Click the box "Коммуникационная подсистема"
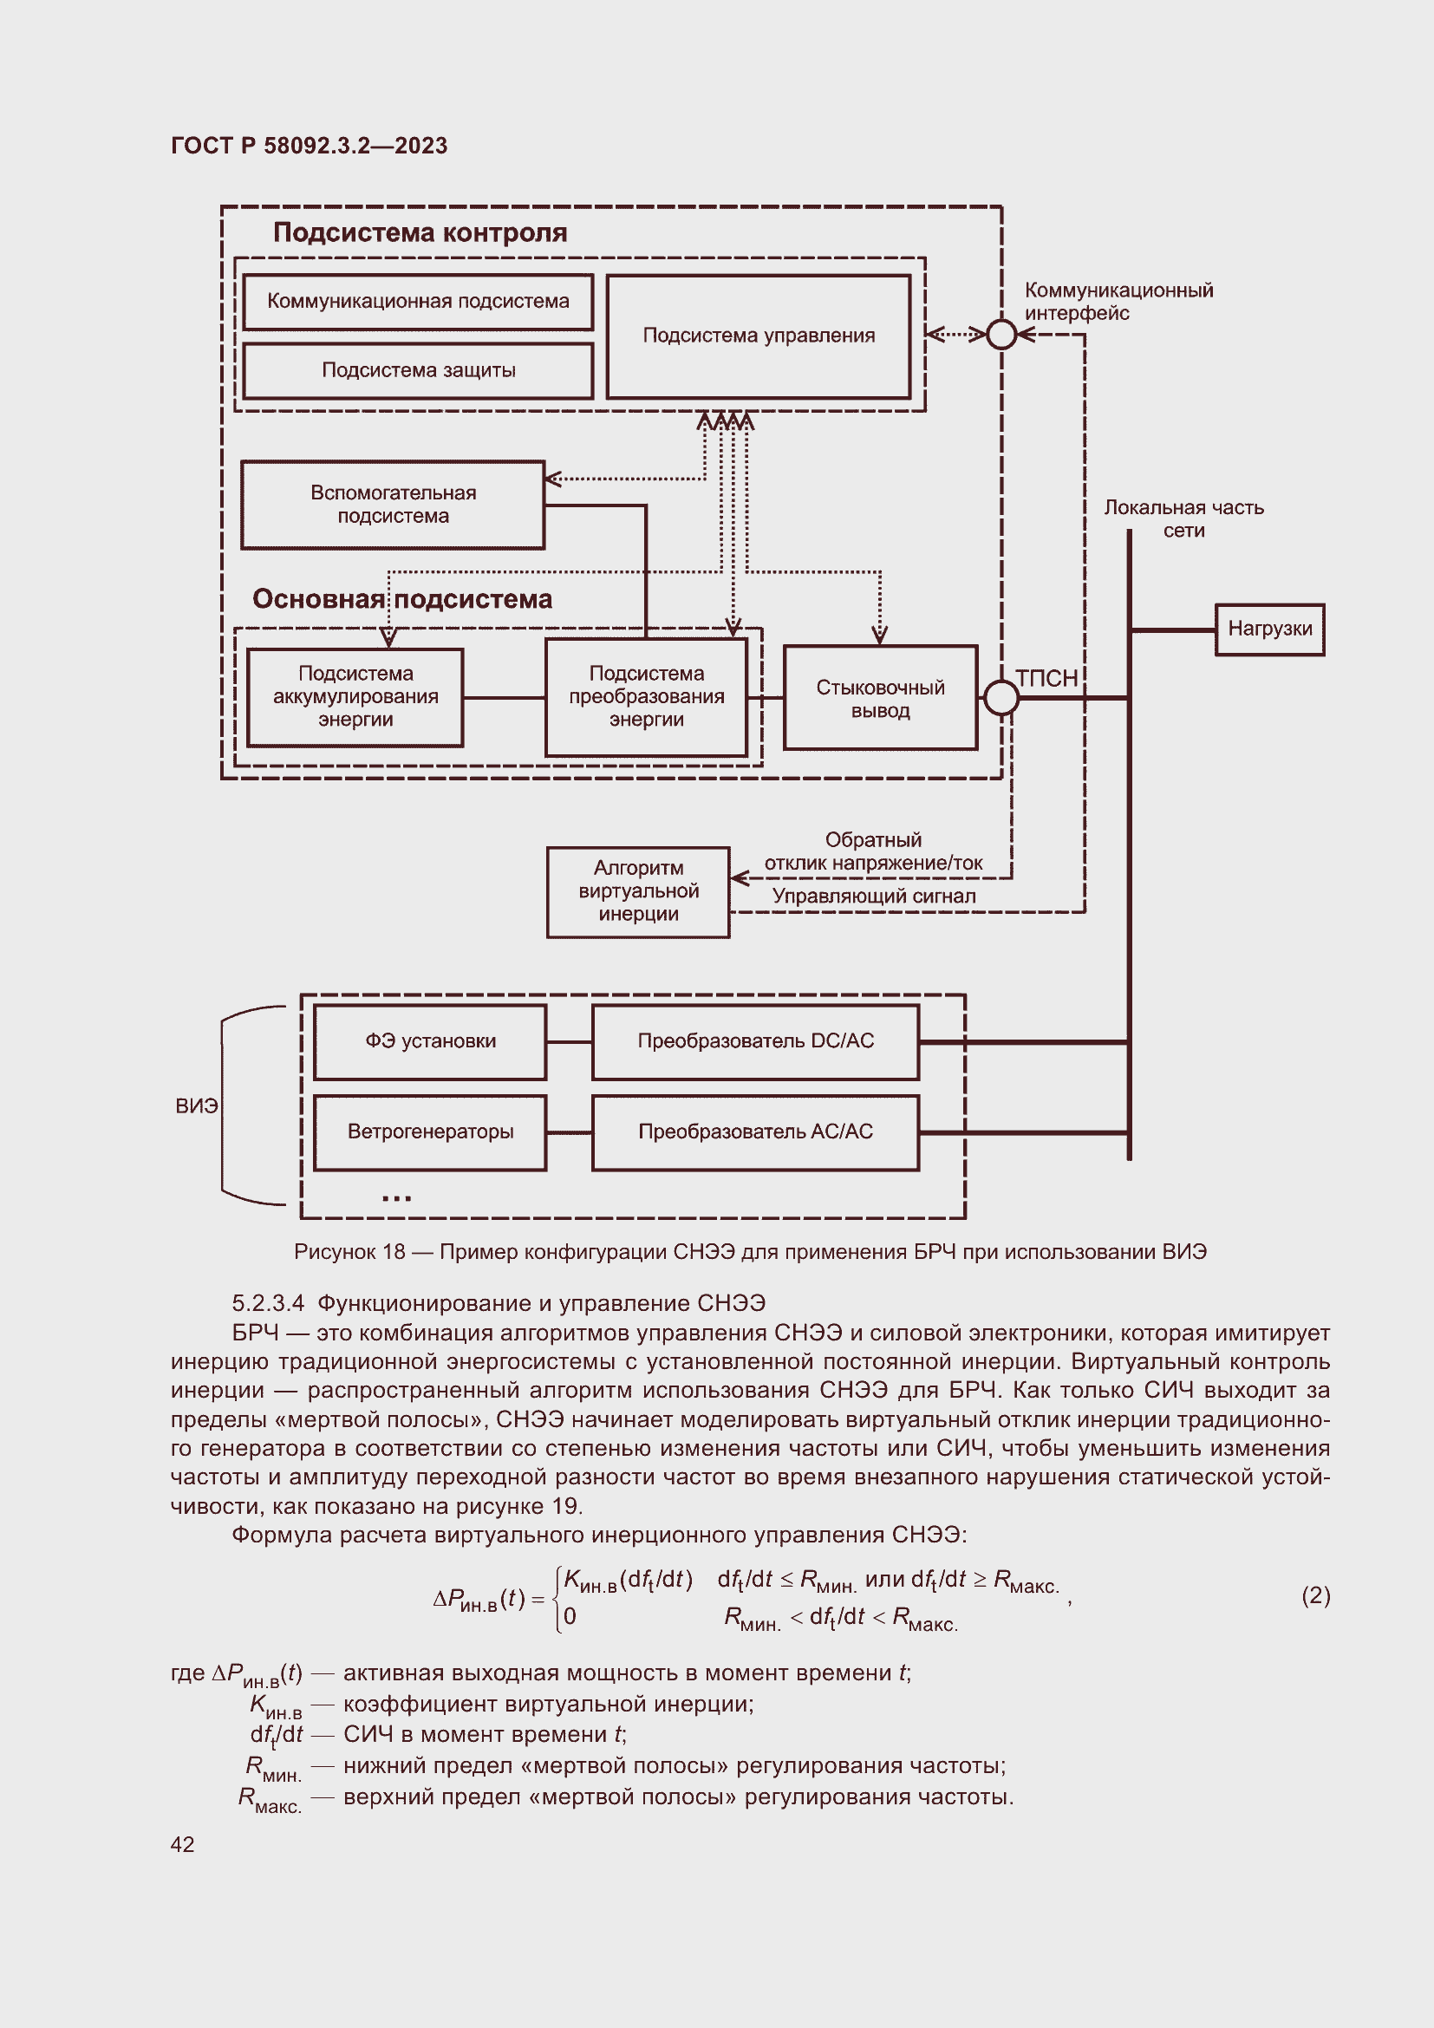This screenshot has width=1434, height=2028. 418,302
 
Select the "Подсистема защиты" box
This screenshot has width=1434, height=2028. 418,371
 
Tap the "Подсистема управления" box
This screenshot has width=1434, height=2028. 759,336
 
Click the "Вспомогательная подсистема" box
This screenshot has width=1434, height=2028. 393,505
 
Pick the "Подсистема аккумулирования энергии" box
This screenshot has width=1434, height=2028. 355,698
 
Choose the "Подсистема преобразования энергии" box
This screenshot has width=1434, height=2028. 647,698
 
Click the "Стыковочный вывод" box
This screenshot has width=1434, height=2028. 880,699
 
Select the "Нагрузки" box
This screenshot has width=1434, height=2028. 1270,629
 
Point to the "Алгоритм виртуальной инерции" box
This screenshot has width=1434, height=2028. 638,892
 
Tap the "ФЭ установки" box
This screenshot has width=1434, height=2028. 430,1042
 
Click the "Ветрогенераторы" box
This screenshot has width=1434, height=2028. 430,1132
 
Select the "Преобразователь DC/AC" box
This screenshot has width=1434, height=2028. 756,1042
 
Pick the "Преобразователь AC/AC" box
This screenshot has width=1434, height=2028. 756,1132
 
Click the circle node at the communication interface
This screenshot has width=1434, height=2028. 1001,334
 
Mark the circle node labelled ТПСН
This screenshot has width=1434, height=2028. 1001,698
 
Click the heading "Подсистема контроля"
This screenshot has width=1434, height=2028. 420,233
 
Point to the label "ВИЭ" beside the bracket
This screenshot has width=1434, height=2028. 196,1106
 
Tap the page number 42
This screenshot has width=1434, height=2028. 183,1844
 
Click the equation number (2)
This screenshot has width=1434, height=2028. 1316,1596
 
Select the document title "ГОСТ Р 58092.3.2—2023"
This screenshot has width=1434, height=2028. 309,146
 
